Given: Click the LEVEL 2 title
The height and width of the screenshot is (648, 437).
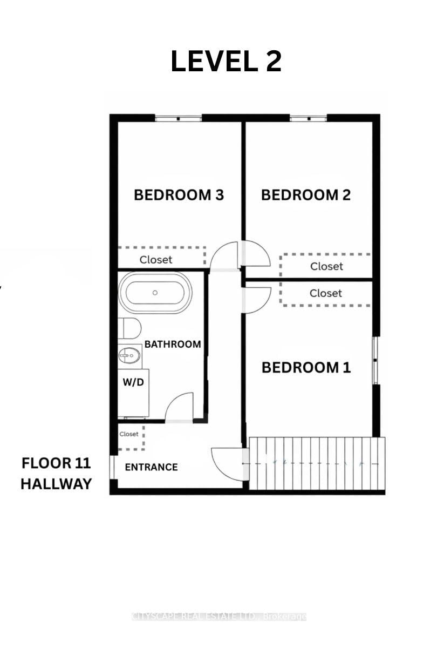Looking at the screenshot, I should [226, 62].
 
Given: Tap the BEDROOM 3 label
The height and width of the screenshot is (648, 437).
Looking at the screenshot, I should [179, 195].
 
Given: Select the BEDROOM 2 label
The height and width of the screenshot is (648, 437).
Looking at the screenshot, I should [306, 195].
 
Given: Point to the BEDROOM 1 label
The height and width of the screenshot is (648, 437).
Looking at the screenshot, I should [306, 368].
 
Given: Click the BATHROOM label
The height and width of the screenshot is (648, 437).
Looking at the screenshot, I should [172, 344].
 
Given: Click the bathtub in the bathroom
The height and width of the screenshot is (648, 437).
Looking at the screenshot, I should [155, 293].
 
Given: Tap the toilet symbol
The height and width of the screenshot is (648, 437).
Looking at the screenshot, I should [129, 328].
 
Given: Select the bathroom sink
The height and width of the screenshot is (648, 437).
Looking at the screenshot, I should [129, 356].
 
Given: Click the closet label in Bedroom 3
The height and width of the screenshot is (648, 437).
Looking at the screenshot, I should [156, 260].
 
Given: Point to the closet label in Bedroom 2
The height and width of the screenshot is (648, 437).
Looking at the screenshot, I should [326, 266].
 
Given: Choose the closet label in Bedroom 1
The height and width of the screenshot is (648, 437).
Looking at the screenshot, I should [326, 293].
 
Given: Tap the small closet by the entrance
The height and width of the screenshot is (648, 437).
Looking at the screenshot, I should [129, 435].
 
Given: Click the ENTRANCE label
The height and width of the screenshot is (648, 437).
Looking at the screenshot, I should [151, 467].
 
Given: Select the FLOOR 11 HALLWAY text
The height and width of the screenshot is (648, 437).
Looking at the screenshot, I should [56, 474].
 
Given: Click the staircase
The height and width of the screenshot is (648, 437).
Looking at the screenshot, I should [317, 463].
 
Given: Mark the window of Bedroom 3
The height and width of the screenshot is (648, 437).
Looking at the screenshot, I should [178, 118].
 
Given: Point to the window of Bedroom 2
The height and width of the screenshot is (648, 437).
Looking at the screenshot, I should [308, 118].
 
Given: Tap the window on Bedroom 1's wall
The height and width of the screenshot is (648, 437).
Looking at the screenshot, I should [376, 360].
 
